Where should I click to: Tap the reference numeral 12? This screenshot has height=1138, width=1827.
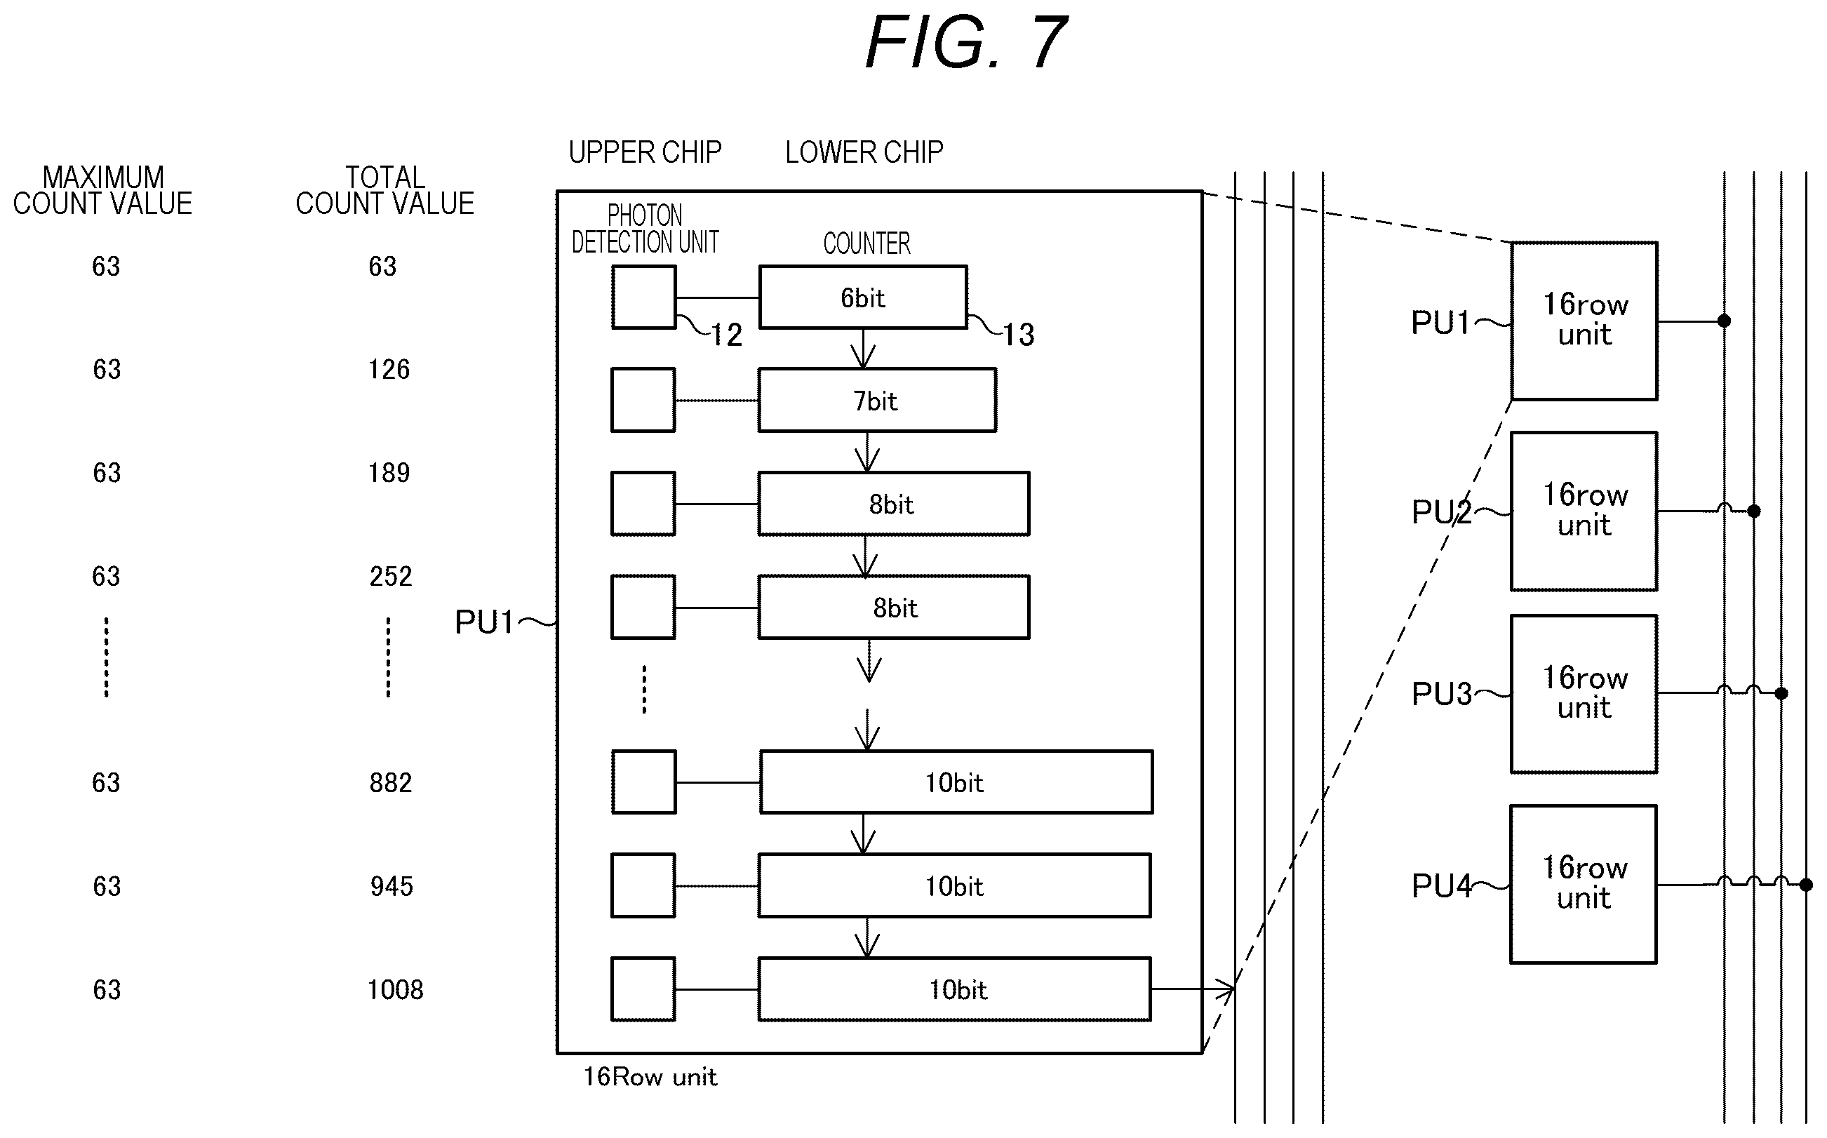(x=727, y=335)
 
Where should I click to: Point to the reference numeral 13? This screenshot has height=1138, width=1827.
(x=1019, y=335)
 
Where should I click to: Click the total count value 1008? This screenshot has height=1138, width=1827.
(x=396, y=990)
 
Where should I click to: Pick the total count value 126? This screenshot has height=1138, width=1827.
(x=389, y=370)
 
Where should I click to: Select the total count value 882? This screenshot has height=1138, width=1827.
(x=391, y=783)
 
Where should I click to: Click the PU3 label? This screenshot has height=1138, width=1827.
(x=1441, y=694)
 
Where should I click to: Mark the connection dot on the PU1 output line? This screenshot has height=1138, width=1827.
(x=1724, y=321)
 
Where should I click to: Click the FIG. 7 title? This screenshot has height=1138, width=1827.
(x=966, y=42)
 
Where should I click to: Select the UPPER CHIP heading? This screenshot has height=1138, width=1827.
(x=645, y=152)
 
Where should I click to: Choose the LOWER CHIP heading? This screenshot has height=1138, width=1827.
(x=864, y=152)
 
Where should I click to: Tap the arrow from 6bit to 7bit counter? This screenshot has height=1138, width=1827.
(x=863, y=349)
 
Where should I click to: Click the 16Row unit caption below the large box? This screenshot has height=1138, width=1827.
(x=650, y=1077)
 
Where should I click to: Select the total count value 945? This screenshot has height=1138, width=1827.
(x=391, y=887)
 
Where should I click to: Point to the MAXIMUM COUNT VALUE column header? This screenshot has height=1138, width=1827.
(x=103, y=190)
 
